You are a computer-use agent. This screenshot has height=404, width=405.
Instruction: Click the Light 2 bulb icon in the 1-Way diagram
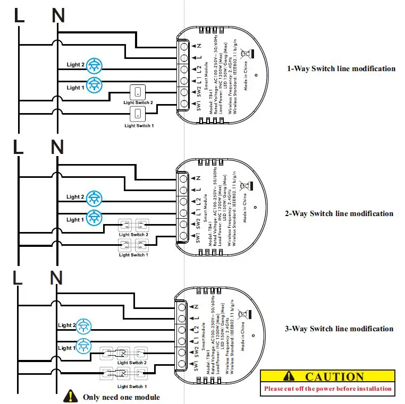[x=94, y=65]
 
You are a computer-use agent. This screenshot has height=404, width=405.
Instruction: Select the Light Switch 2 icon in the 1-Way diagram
[x=138, y=92]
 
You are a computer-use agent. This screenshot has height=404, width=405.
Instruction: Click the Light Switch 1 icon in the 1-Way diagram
[x=138, y=113]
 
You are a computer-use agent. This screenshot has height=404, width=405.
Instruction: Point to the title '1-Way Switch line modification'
[x=341, y=68]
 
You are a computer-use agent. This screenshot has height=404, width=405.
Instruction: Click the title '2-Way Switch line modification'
[x=339, y=213]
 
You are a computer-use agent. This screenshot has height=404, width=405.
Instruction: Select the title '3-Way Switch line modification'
[x=339, y=329]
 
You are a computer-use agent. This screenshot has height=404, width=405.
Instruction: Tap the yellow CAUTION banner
[x=328, y=376]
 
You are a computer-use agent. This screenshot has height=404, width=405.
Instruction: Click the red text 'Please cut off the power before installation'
[x=328, y=389]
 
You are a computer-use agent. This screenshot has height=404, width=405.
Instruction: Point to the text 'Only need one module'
[x=121, y=397]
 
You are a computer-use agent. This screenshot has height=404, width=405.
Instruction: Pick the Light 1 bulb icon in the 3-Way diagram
[x=83, y=346]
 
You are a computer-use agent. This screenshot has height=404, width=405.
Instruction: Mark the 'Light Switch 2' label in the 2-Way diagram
[x=133, y=234]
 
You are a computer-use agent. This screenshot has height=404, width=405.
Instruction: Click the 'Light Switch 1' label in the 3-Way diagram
[x=132, y=386]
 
